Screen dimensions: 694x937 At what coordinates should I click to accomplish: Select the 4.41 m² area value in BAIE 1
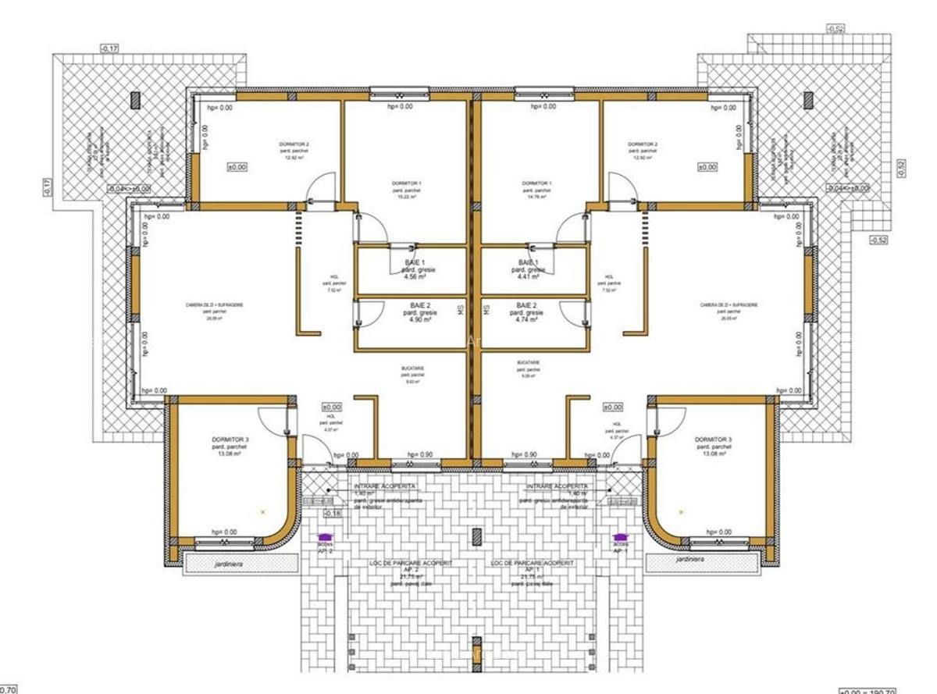pos(529,276)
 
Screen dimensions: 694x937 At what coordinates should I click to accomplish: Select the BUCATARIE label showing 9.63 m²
pos(406,370)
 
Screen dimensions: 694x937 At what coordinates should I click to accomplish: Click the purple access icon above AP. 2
pos(323,536)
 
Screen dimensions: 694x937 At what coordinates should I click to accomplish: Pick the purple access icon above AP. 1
pos(621,536)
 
